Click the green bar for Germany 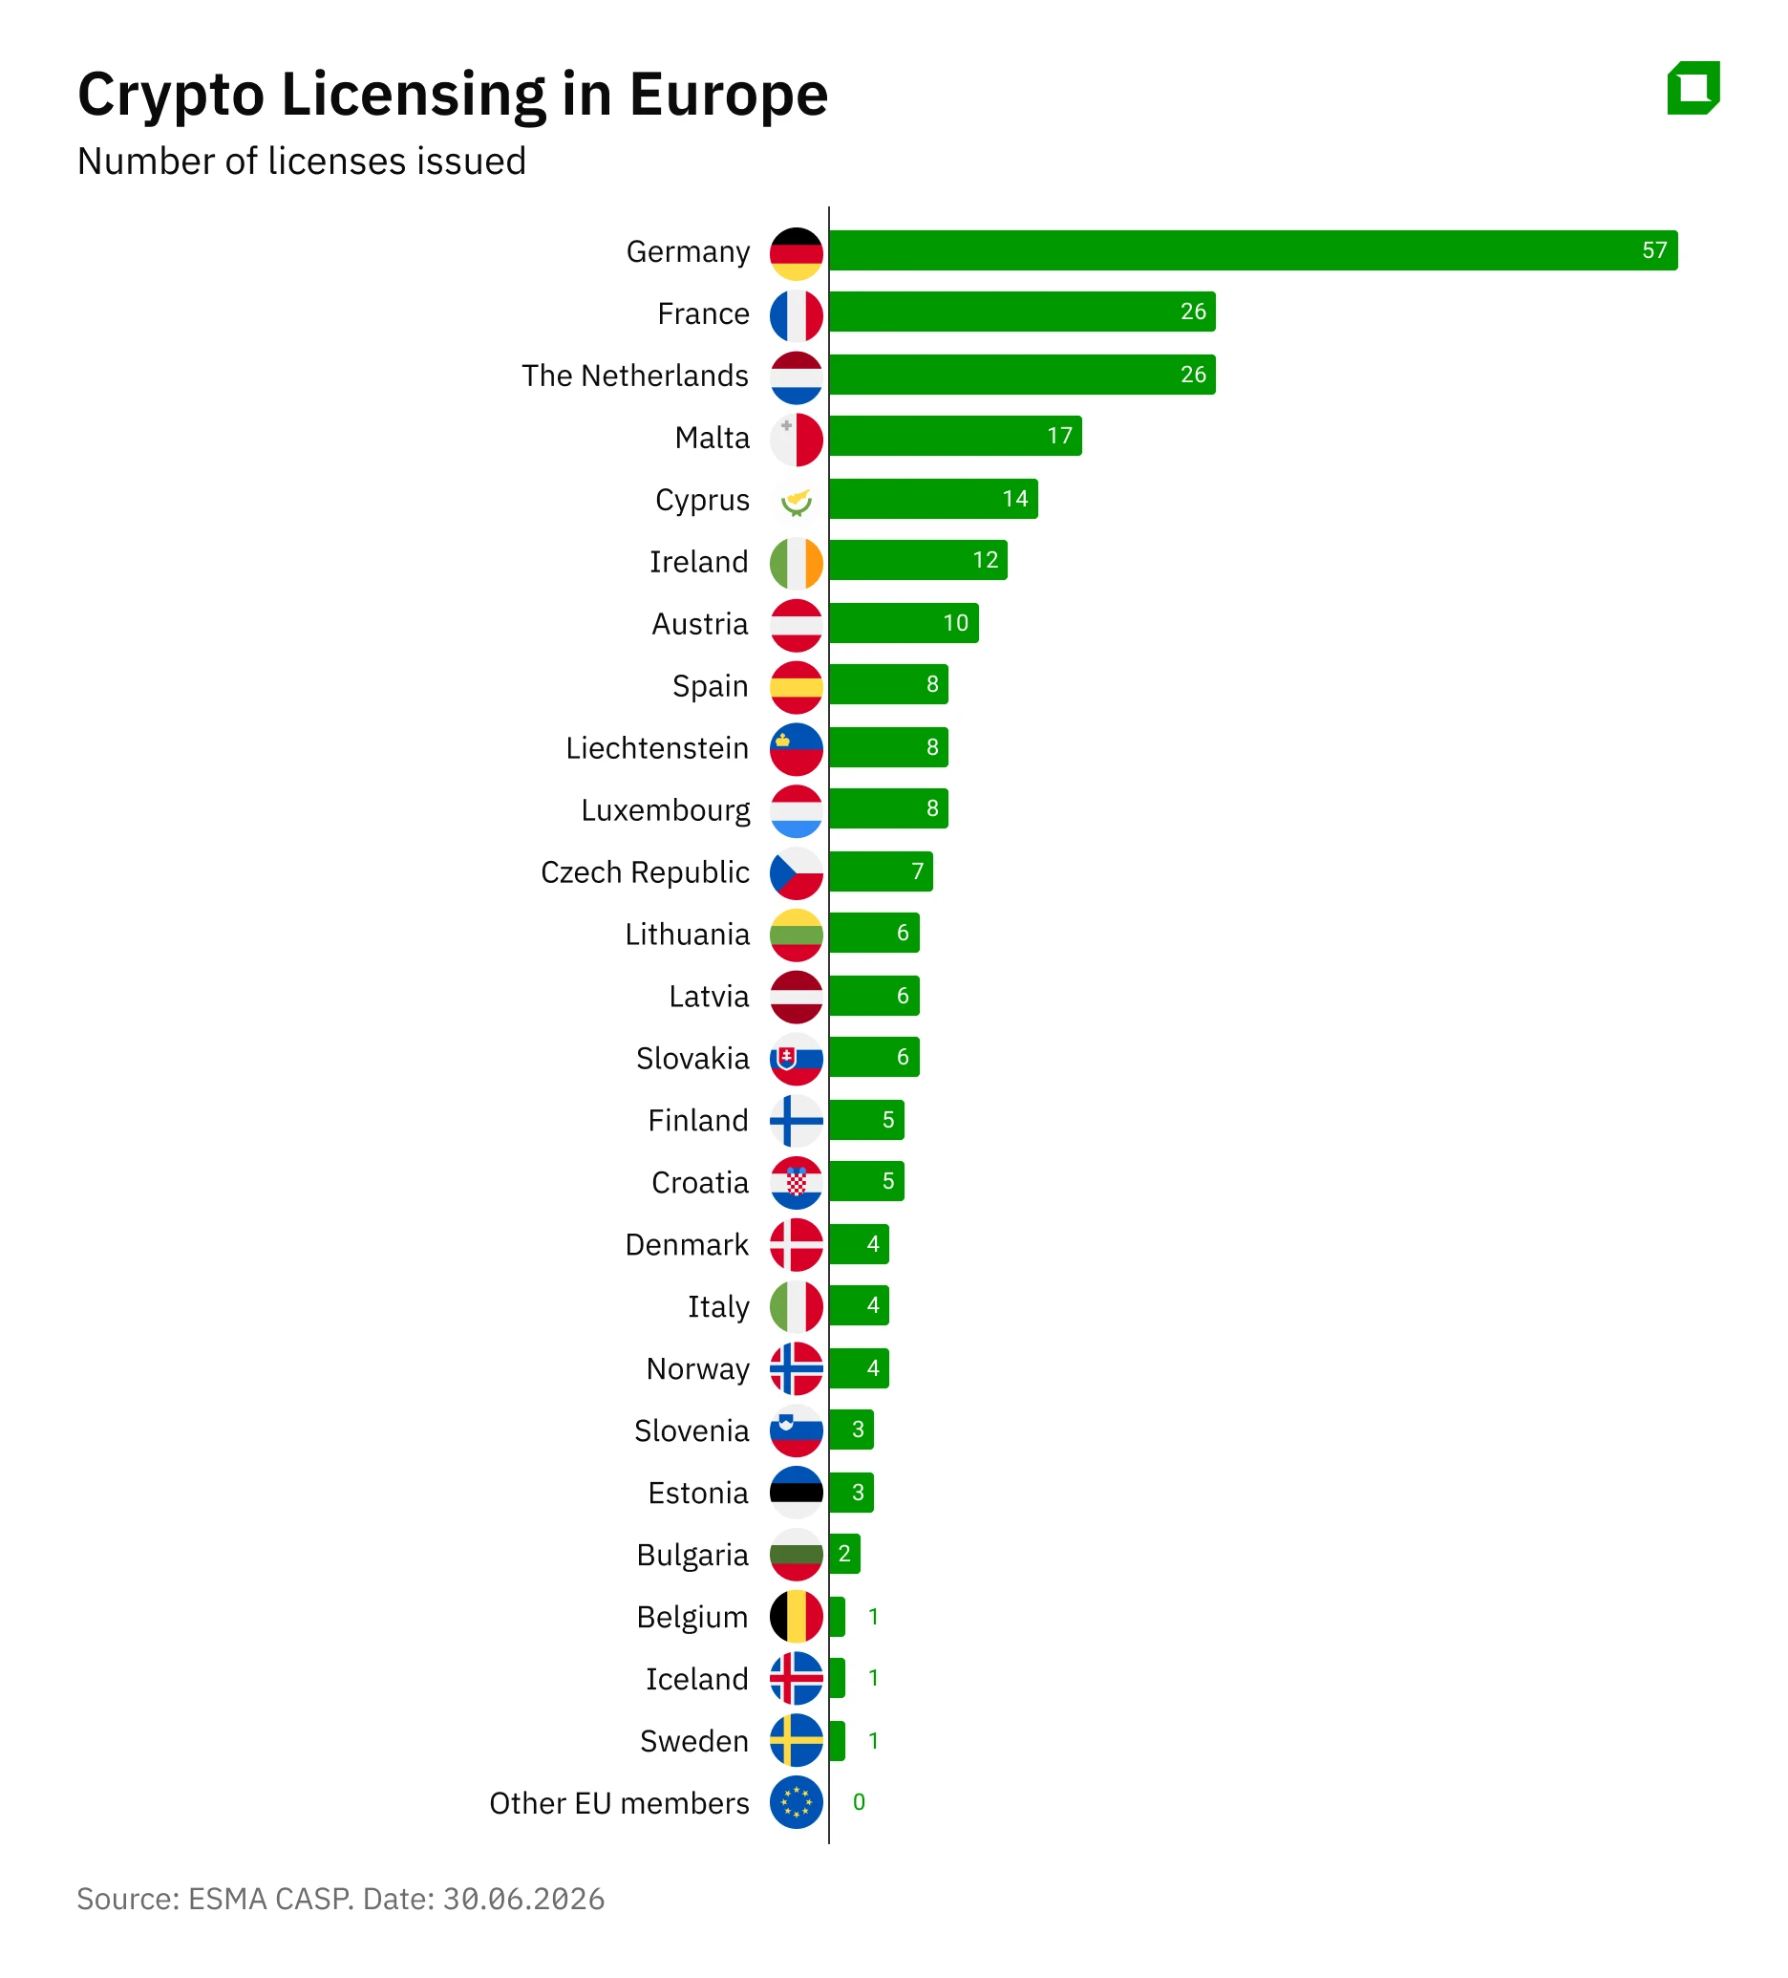tap(1252, 250)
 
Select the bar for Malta tap(955, 436)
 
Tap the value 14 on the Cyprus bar tap(1015, 499)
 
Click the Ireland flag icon tap(796, 563)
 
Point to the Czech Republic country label tap(645, 872)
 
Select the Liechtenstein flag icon tap(796, 749)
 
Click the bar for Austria tap(905, 623)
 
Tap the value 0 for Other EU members tap(859, 1802)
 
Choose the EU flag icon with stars tap(796, 1803)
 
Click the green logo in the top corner tap(1692, 88)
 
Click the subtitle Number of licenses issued tap(302, 161)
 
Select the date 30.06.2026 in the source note tap(523, 1900)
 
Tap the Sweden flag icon tap(796, 1742)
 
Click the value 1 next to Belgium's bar tap(873, 1617)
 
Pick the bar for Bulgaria tap(844, 1554)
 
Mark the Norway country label tap(697, 1369)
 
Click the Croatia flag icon tap(796, 1183)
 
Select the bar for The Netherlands tap(1022, 375)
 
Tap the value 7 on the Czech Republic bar tap(917, 871)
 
